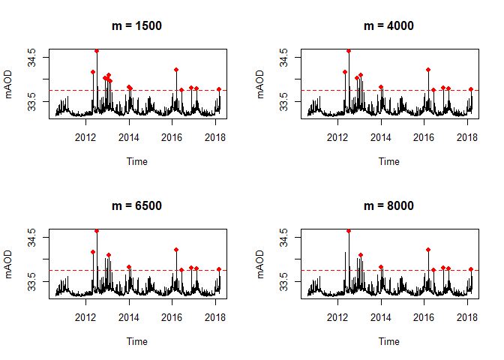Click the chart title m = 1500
tap(136, 25)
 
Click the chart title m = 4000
tap(388, 25)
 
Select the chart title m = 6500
tap(136, 205)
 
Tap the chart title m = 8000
tap(388, 205)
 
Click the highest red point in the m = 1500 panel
tap(97, 51)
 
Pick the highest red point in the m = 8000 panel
tap(349, 231)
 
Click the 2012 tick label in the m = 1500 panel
tap(85, 137)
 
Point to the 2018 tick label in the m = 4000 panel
tap(467, 137)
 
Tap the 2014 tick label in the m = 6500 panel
tap(129, 317)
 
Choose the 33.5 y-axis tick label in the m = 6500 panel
tap(31, 281)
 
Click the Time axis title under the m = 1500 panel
tap(136, 161)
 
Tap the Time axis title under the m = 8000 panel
tap(388, 341)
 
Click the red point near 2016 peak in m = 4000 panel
tap(427, 70)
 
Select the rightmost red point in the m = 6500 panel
tap(219, 269)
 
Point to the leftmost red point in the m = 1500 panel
tap(93, 72)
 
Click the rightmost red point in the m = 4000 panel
tap(471, 89)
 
